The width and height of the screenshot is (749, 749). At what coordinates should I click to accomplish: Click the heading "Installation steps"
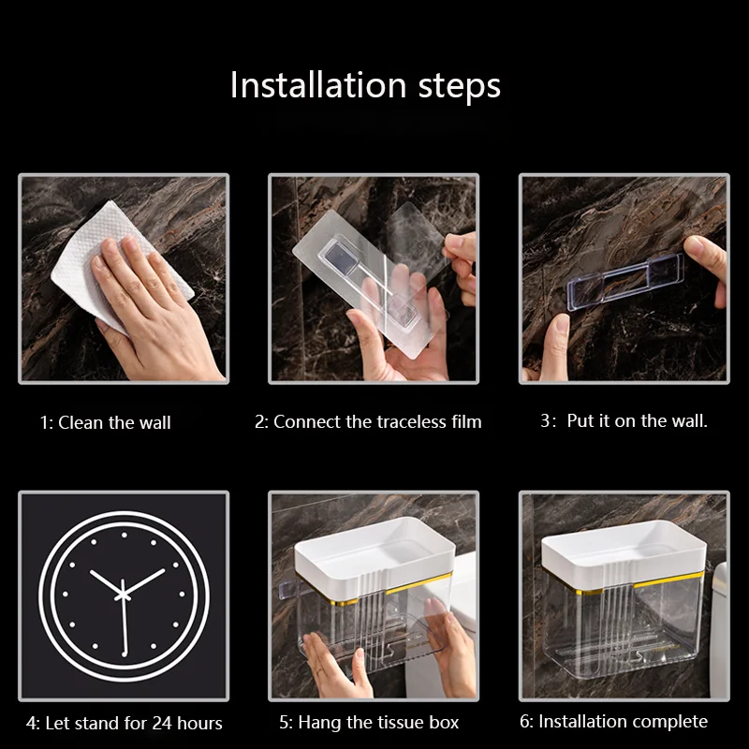[365, 85]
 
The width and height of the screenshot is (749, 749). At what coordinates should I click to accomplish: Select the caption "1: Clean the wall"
[105, 423]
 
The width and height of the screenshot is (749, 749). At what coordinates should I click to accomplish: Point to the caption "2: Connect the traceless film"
[368, 422]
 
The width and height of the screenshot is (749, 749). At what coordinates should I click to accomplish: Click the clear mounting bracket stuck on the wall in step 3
[624, 282]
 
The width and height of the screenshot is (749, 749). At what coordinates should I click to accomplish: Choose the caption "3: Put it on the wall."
[624, 420]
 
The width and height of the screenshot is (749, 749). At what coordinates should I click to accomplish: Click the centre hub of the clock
[123, 595]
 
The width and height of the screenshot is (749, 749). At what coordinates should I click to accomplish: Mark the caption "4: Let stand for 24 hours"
[125, 723]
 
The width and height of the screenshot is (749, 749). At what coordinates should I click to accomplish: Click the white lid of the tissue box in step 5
[375, 548]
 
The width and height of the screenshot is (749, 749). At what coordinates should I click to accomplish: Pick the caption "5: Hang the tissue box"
[369, 722]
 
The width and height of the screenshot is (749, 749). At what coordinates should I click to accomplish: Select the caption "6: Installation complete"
[614, 721]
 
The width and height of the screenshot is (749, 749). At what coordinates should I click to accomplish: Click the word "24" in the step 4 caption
[162, 723]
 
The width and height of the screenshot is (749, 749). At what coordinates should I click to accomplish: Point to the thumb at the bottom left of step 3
[557, 345]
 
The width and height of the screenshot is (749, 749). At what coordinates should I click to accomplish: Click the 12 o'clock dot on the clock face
[125, 535]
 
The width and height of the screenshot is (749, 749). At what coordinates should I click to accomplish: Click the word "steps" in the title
[460, 87]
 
